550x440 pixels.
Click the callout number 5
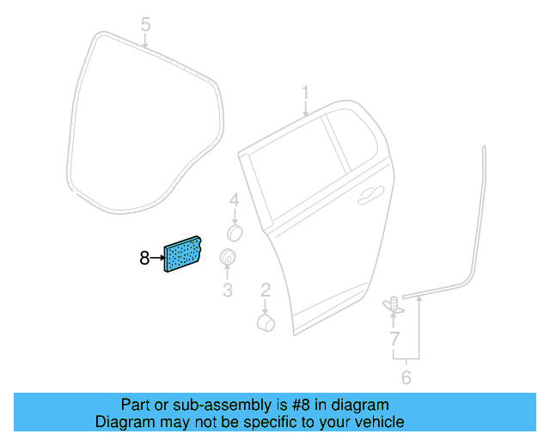145,23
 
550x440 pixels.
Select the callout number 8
144,256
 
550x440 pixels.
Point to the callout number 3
228,290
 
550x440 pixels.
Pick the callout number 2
266,289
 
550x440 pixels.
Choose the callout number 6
406,376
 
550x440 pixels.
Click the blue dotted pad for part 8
182,254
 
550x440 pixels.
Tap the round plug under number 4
234,232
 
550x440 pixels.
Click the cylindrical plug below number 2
266,322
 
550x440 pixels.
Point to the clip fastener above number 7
393,303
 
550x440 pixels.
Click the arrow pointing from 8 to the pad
156,256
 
